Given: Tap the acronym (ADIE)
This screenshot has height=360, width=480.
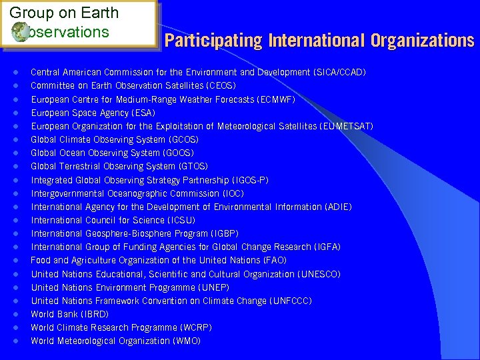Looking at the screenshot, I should coord(338,207).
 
